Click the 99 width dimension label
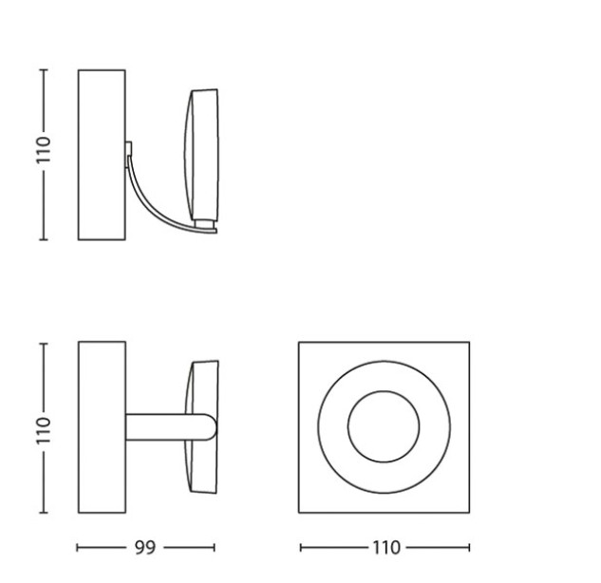point(145,548)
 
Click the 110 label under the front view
point(386,548)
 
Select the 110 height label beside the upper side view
point(44,150)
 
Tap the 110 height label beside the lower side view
point(44,430)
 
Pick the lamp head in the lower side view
point(202,426)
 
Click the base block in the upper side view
point(102,155)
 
